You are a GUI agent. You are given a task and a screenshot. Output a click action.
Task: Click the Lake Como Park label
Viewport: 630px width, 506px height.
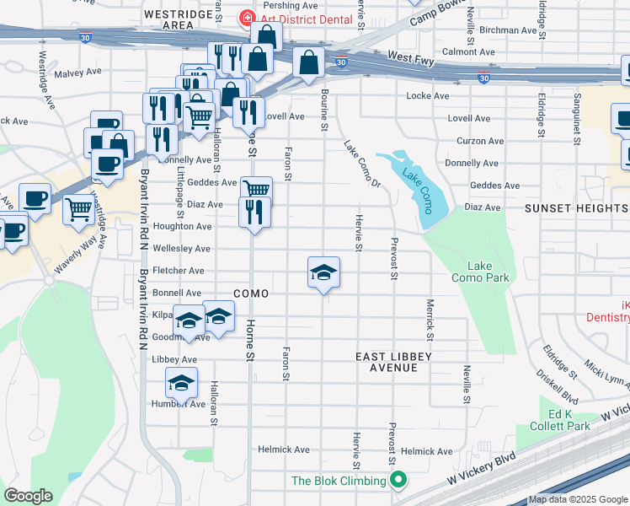tap(480, 272)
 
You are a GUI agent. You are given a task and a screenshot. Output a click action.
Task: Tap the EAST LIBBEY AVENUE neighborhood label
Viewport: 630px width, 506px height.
tap(393, 363)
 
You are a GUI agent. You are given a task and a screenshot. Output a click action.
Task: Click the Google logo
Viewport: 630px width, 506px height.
tap(28, 496)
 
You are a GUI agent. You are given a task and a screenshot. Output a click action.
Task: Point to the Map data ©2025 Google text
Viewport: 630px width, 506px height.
tap(578, 499)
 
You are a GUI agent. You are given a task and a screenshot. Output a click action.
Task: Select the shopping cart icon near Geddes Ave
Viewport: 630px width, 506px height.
tap(256, 189)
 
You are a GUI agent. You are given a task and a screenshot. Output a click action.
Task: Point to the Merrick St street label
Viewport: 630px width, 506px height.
tap(430, 320)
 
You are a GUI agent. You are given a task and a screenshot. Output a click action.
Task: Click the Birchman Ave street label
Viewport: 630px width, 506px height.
tap(513, 30)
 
